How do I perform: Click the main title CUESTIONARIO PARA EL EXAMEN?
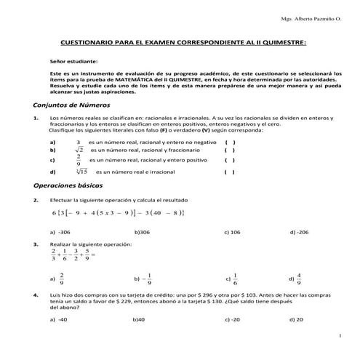click(183, 44)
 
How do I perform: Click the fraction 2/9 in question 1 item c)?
click(78, 160)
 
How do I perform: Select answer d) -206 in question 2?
click(298, 231)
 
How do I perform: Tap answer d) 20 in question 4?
click(296, 319)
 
